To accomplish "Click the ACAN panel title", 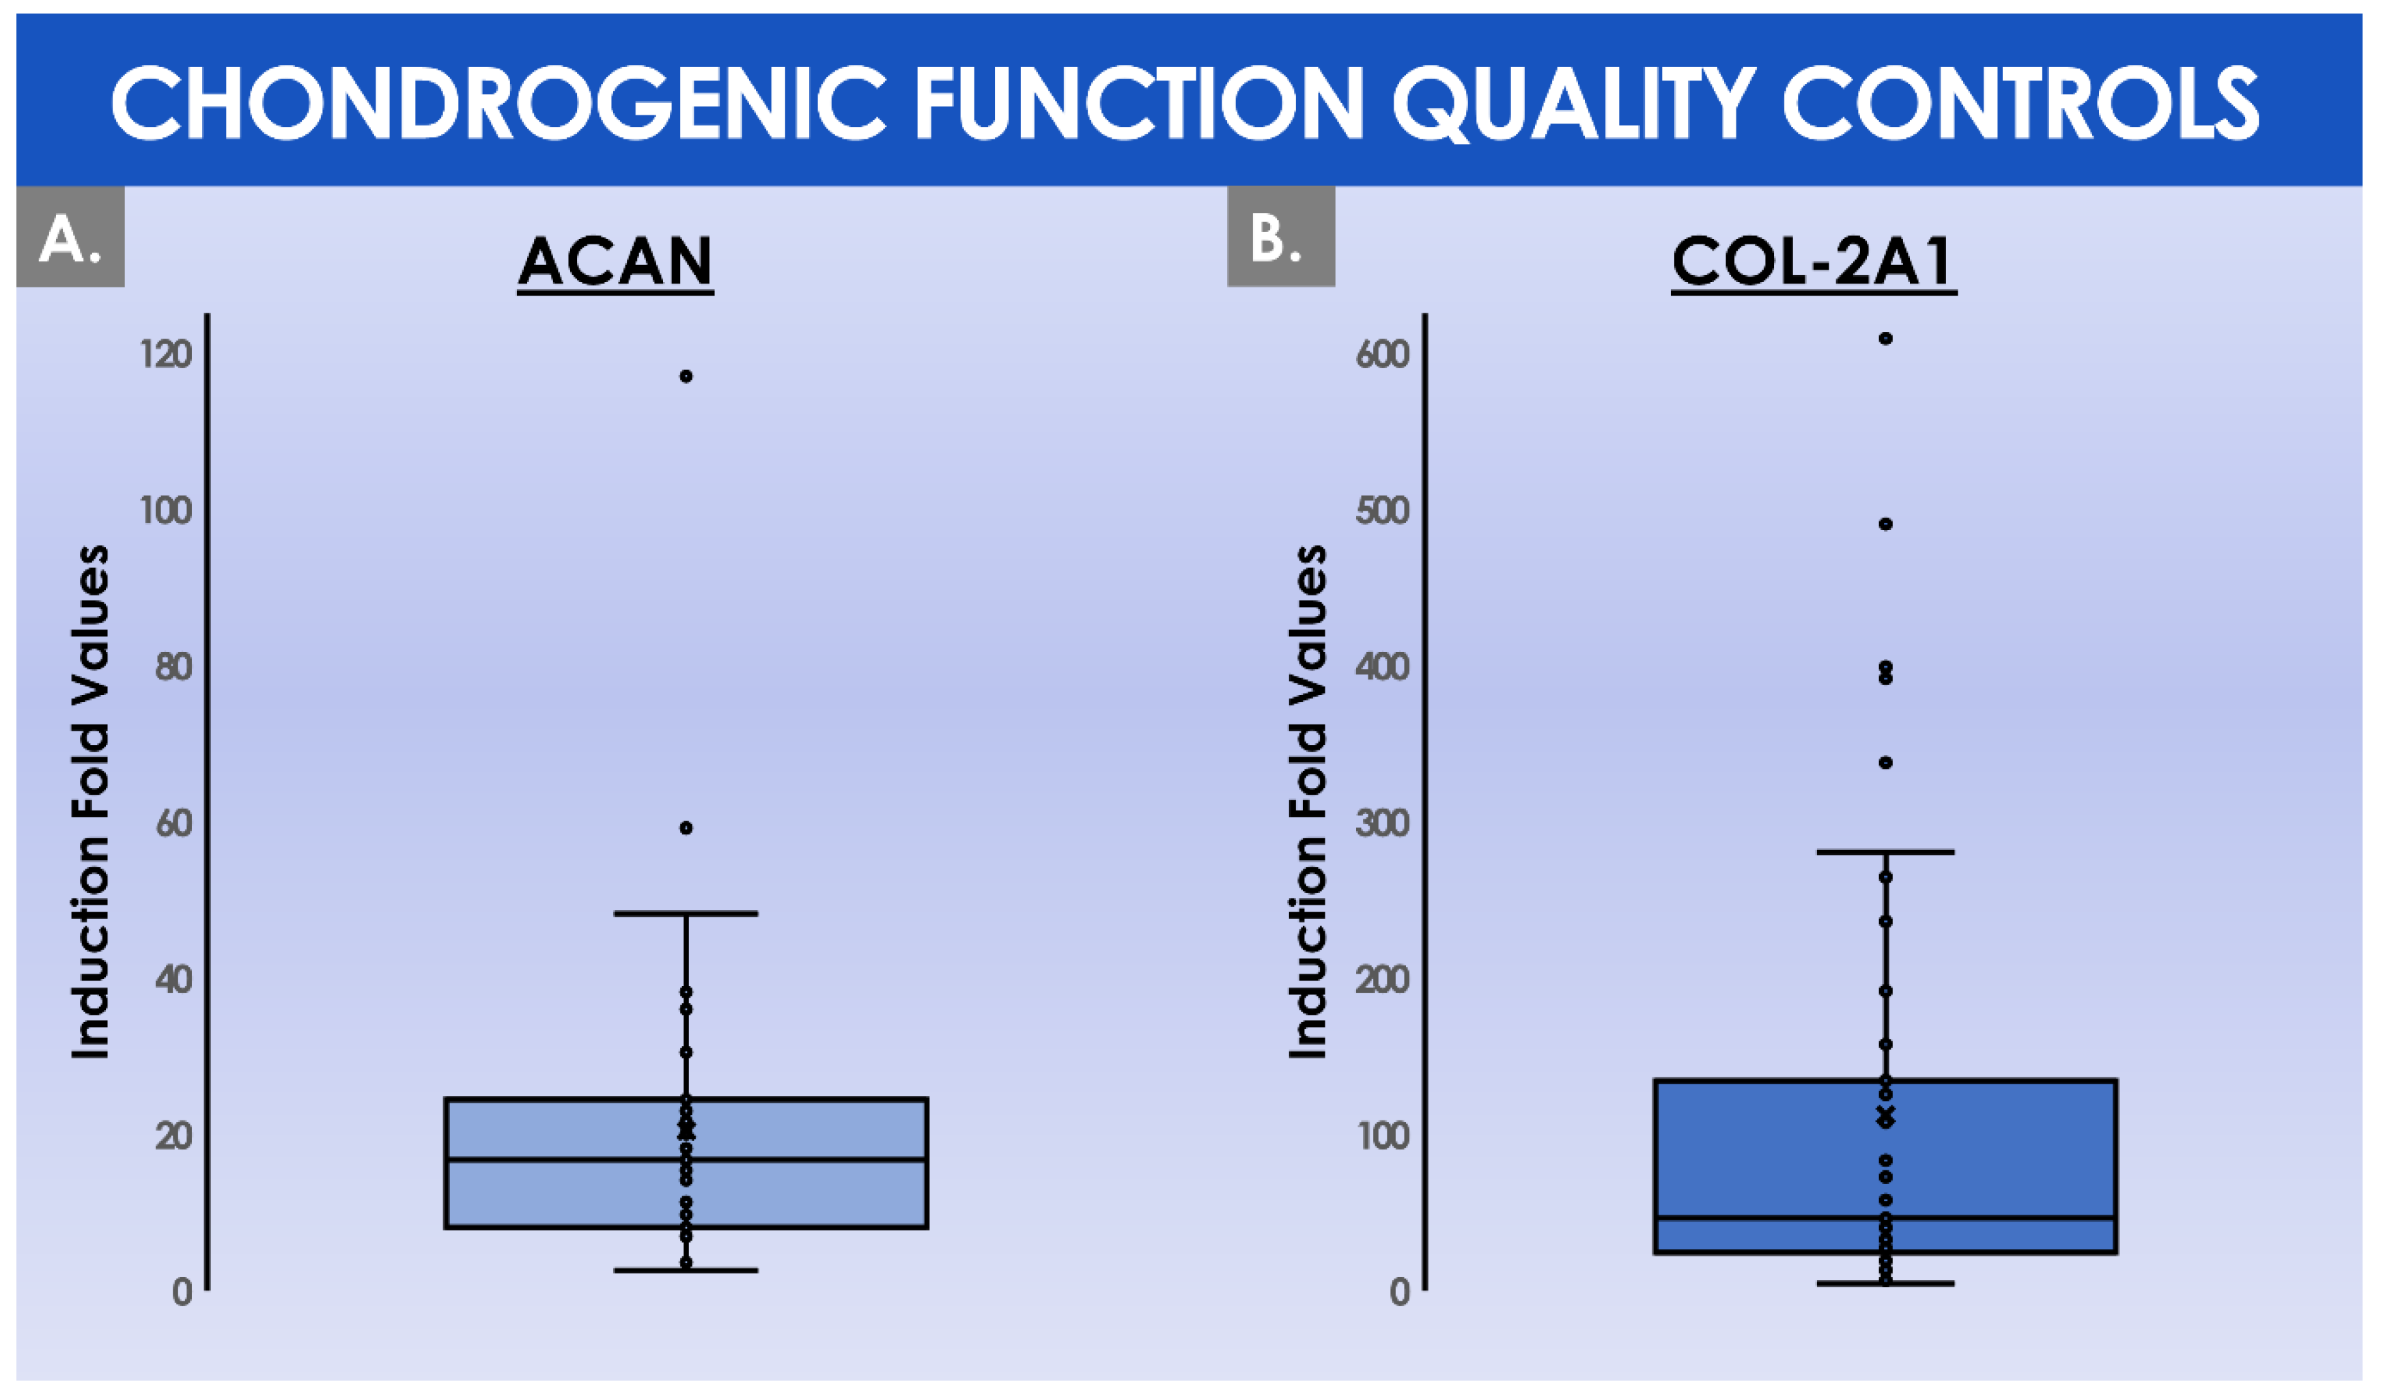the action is coord(615,261).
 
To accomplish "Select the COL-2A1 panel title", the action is coord(1813,261).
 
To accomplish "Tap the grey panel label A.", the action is coord(70,236).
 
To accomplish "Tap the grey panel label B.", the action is coord(1280,236).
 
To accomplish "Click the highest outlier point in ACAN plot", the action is coord(686,376).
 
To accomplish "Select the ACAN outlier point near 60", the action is coord(686,828).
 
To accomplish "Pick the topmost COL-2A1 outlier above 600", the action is coord(1885,338).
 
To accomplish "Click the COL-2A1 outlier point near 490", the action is coord(1885,523).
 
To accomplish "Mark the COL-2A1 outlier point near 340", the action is coord(1885,762).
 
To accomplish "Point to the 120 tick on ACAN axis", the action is coord(167,355).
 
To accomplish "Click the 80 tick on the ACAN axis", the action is coord(174,667).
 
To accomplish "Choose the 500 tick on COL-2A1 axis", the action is coord(1382,511).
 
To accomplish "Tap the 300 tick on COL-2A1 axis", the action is coord(1382,823).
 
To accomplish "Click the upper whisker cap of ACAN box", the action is coord(686,914).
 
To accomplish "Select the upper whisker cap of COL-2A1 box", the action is coord(1885,852).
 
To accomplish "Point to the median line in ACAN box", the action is coord(687,1159).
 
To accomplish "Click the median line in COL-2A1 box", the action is coord(1885,1217).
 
